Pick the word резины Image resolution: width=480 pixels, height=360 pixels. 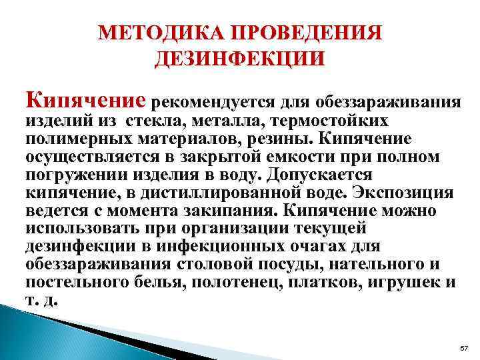(274, 141)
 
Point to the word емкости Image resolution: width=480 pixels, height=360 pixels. (253, 157)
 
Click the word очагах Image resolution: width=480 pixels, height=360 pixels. (349, 246)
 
